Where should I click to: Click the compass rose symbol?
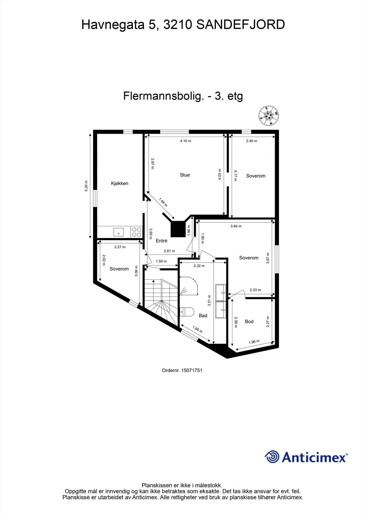[x=269, y=116]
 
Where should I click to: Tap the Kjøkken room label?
[x=120, y=183]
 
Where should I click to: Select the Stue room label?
[x=185, y=175]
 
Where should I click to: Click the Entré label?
[x=161, y=241]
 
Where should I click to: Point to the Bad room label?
[x=203, y=315]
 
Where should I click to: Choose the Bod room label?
[x=249, y=321]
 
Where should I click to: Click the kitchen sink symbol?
[x=118, y=232]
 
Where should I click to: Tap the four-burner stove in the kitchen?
[x=136, y=232]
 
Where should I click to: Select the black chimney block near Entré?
[x=177, y=229]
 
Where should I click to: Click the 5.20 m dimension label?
[x=86, y=186]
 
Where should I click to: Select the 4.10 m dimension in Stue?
[x=185, y=141]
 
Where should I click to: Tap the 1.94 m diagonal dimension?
[x=163, y=202]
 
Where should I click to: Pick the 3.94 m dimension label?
[x=236, y=226]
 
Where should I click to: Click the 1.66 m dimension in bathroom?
[x=197, y=330]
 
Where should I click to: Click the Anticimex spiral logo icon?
[x=272, y=457]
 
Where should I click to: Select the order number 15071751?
[x=192, y=370]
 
